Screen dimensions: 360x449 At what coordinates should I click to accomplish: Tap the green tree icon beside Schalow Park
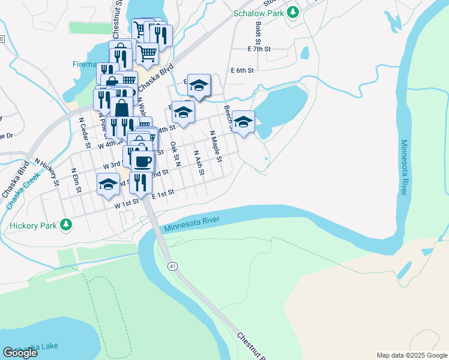(292, 11)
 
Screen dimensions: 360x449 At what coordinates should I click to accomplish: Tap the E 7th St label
(259, 49)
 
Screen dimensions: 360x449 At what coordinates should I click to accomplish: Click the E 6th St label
(243, 70)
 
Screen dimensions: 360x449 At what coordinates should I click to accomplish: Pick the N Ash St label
(199, 162)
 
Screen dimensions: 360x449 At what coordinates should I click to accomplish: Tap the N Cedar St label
(84, 132)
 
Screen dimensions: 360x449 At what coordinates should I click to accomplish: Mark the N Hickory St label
(47, 171)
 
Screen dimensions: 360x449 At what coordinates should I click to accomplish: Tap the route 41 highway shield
(172, 266)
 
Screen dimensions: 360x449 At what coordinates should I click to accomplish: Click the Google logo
(20, 353)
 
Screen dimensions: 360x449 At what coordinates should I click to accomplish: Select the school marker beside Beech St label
(243, 121)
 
